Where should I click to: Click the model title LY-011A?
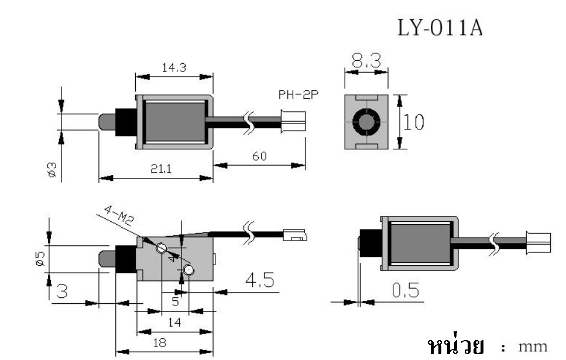(440, 28)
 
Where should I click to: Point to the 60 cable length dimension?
(260, 156)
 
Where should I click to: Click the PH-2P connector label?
(299, 95)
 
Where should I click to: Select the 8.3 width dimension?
(366, 60)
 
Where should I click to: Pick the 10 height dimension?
(414, 123)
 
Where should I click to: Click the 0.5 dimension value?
(400, 292)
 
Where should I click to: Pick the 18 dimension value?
(159, 343)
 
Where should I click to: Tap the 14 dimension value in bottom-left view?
(174, 322)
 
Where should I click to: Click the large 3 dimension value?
(60, 291)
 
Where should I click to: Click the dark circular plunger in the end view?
(366, 123)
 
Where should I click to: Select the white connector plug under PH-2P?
(293, 121)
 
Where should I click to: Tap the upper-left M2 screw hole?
(162, 248)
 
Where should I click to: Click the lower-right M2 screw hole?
(188, 270)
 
